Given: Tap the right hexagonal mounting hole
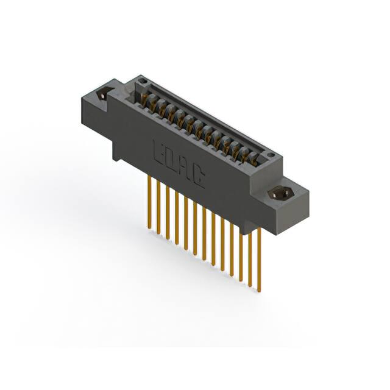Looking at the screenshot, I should point(280,195).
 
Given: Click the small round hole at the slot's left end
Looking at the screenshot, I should point(141,80).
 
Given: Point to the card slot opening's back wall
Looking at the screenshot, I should point(207,119).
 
